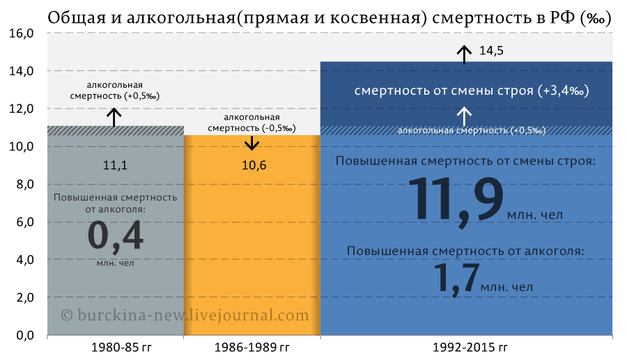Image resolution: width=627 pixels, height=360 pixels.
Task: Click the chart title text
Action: click(x=330, y=17)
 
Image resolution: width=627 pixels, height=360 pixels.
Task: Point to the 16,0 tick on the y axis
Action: click(x=21, y=33)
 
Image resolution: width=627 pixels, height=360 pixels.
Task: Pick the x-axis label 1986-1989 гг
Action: click(x=252, y=347)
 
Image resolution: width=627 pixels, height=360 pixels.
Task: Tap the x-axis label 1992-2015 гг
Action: click(x=470, y=347)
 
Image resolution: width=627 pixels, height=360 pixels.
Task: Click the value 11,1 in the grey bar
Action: click(x=115, y=165)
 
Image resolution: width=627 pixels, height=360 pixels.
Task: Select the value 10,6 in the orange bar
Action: click(x=254, y=165)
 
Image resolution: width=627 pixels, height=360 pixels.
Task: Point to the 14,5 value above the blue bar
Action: click(x=491, y=51)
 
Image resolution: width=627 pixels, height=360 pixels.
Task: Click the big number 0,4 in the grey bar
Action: click(x=115, y=236)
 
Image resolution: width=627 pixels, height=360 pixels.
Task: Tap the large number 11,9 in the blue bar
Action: click(x=456, y=200)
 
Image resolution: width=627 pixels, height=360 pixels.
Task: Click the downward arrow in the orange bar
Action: click(x=252, y=143)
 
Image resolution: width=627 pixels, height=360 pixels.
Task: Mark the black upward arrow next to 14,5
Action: click(x=464, y=55)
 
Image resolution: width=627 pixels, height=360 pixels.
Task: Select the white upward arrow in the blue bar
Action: click(x=464, y=116)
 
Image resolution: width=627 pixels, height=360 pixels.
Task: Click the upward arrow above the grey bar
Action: click(x=114, y=118)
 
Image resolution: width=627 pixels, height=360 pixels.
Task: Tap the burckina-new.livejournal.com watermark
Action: click(x=185, y=315)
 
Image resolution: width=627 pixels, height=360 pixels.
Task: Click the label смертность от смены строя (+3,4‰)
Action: click(x=472, y=91)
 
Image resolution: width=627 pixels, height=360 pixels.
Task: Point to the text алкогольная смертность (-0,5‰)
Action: click(x=252, y=123)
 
